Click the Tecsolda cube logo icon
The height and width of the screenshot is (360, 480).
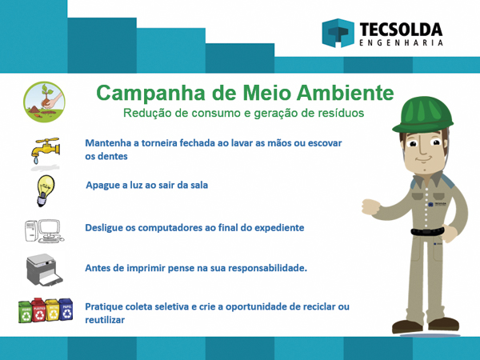[x=338, y=33]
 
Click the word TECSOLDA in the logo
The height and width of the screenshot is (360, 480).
[x=401, y=30]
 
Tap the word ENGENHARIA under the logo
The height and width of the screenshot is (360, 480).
[x=401, y=42]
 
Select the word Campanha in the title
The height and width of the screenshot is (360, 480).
[x=150, y=93]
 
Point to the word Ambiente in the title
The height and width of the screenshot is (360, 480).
[x=345, y=93]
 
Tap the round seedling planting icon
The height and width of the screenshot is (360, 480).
[x=44, y=102]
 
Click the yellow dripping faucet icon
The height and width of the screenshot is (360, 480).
[x=46, y=150]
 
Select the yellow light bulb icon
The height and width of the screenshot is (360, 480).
[x=46, y=190]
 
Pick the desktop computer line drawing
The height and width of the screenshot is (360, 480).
[x=44, y=231]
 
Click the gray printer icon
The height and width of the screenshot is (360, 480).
[x=44, y=270]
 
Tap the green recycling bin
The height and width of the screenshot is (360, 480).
[x=26, y=311]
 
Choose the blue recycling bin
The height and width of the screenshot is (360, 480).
[x=66, y=309]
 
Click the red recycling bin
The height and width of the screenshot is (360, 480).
[x=38, y=310]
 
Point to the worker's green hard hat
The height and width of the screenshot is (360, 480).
[x=422, y=114]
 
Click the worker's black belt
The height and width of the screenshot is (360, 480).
[x=427, y=231]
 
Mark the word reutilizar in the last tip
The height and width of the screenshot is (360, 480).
[x=105, y=320]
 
